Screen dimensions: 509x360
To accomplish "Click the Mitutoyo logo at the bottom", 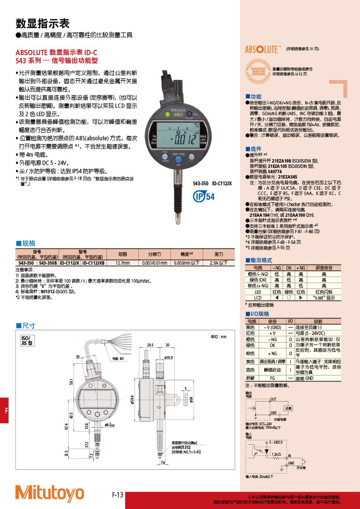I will [50, 493].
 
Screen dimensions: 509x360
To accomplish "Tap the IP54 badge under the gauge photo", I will [204, 196].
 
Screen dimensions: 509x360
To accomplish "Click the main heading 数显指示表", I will [43, 23].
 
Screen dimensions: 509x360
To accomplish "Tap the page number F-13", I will [118, 495].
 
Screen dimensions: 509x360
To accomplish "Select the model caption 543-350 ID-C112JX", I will [212, 184].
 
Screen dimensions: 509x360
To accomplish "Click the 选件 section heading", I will [254, 149].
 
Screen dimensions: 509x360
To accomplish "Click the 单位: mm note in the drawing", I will [218, 337].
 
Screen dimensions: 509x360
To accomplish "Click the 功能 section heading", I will [254, 97].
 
